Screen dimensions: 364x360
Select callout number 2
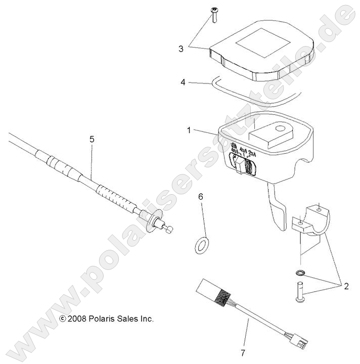346,286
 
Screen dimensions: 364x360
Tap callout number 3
181,49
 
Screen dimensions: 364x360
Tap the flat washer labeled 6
202,245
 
